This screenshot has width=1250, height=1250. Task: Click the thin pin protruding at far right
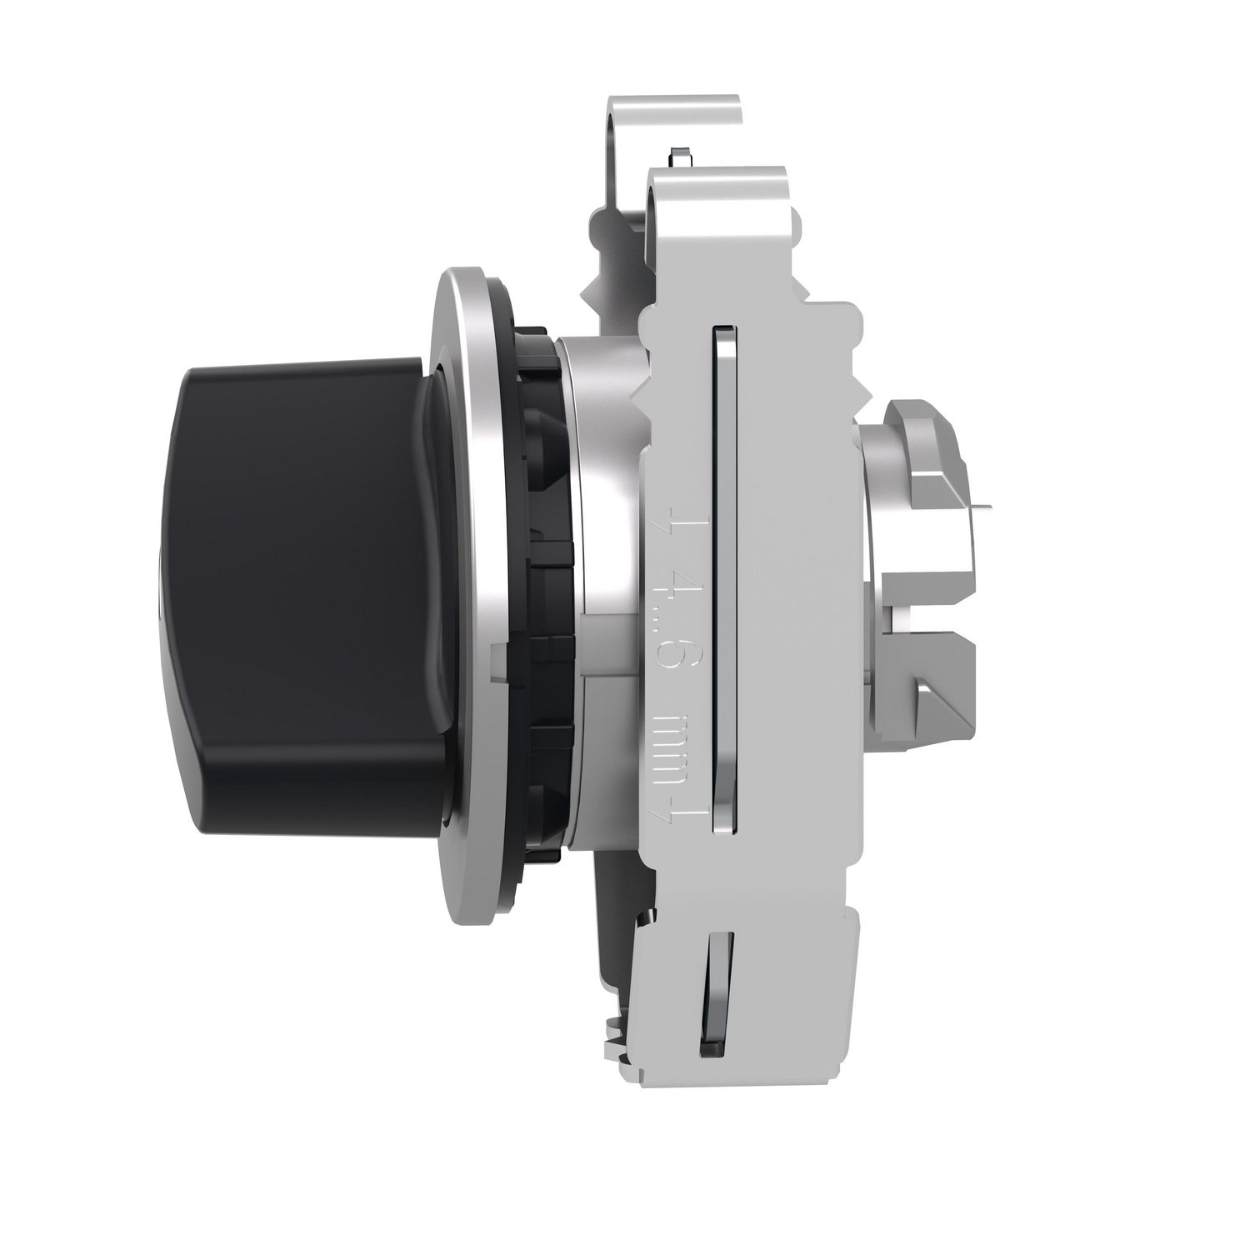[x=983, y=504]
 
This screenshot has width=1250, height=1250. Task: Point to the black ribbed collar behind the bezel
[x=542, y=583]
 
